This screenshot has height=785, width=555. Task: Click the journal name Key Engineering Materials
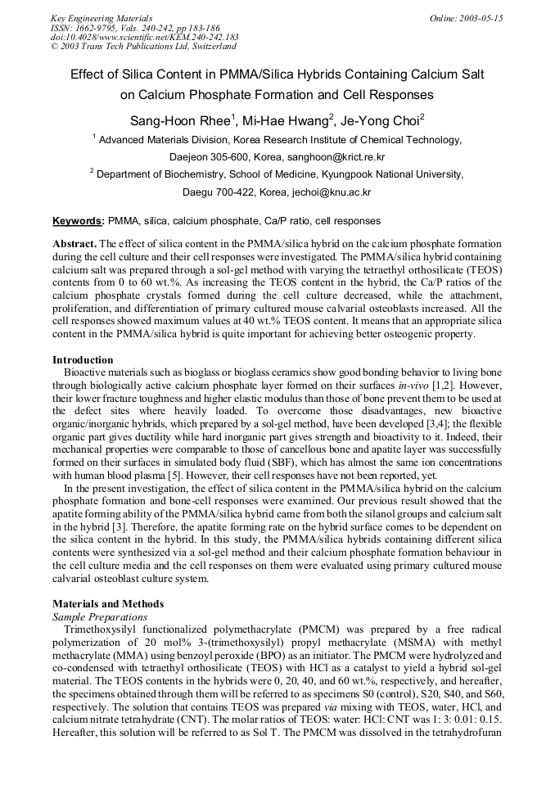coord(101,17)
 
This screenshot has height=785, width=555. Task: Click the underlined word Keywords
coord(78,221)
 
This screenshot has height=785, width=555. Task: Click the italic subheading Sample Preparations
coord(100,616)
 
